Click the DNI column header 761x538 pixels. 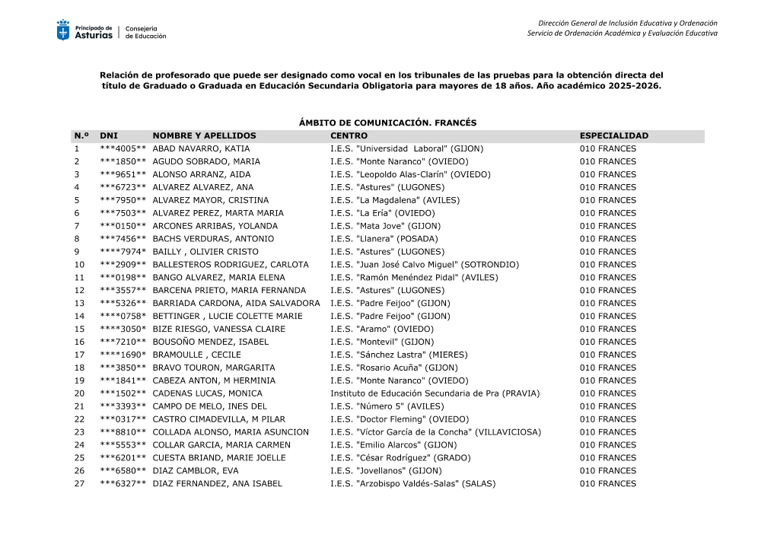[x=109, y=136]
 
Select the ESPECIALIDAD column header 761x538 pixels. [x=613, y=136]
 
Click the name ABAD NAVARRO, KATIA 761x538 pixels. [x=201, y=149]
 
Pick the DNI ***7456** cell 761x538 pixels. [x=123, y=239]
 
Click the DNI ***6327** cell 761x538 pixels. [x=123, y=484]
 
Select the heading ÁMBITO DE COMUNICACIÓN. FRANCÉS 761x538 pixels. [x=387, y=123]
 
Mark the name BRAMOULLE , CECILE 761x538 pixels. [x=196, y=355]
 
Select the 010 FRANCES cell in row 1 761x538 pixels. [x=607, y=149]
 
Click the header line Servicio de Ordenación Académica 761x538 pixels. [x=622, y=33]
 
